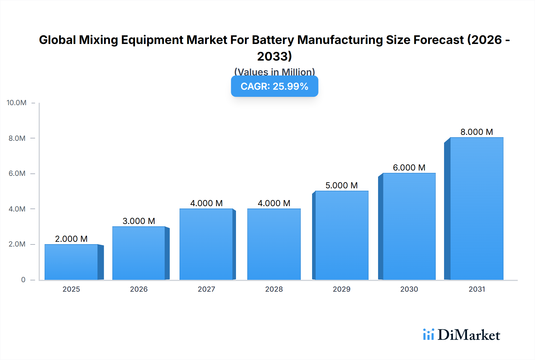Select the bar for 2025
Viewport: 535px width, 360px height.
pos(71,262)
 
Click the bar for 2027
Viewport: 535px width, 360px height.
pos(206,244)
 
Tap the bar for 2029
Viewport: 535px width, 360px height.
pos(342,235)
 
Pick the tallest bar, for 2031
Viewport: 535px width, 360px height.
pos(477,209)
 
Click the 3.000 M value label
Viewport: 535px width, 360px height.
pos(139,221)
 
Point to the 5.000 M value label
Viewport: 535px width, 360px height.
pos(342,185)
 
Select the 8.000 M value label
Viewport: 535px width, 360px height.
pos(477,132)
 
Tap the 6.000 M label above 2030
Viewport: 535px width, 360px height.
pos(409,168)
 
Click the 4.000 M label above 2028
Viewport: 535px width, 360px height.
pos(274,203)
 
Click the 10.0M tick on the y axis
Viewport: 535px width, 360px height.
pos(17,103)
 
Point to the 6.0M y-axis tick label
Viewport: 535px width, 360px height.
pos(17,173)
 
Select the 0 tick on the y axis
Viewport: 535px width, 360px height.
pos(23,280)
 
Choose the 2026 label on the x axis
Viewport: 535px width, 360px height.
pos(139,289)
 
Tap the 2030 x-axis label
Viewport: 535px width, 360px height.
pos(409,289)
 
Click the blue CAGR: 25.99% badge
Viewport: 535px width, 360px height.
pos(274,86)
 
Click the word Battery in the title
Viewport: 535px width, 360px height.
pos(273,40)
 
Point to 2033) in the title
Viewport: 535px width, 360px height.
pos(274,56)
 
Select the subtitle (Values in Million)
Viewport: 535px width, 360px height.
pos(274,72)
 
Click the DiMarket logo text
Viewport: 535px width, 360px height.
pos(469,335)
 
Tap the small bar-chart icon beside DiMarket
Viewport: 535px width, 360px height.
pos(429,334)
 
